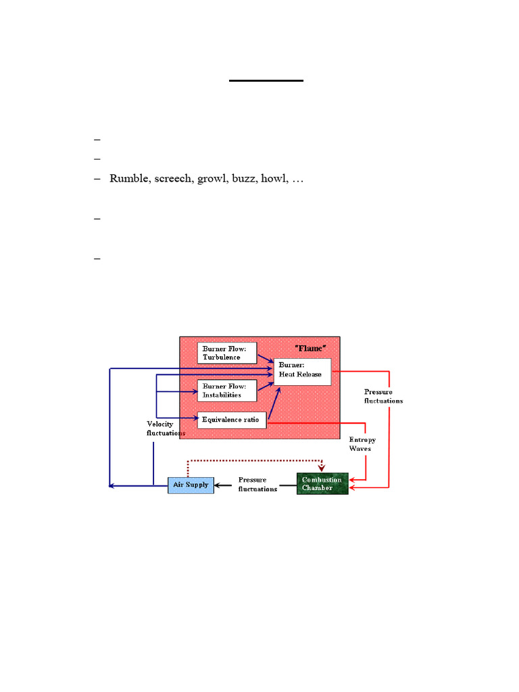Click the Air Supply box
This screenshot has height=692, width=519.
pyautogui.click(x=191, y=485)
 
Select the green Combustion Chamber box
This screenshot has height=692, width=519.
pyautogui.click(x=322, y=484)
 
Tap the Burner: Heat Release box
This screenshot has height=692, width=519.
pyautogui.click(x=302, y=371)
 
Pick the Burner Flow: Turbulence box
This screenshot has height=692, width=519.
pyautogui.click(x=228, y=353)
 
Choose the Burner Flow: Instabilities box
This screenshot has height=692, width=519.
pyautogui.click(x=228, y=390)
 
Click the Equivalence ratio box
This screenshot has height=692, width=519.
pyautogui.click(x=231, y=420)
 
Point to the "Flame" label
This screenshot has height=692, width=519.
pyautogui.click(x=311, y=347)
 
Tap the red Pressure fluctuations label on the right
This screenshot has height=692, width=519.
pyautogui.click(x=383, y=396)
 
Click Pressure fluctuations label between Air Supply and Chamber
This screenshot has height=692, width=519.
pyautogui.click(x=257, y=485)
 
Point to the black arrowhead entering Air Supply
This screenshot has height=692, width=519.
pyautogui.click(x=218, y=485)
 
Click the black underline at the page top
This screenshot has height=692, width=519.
pyautogui.click(x=266, y=81)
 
